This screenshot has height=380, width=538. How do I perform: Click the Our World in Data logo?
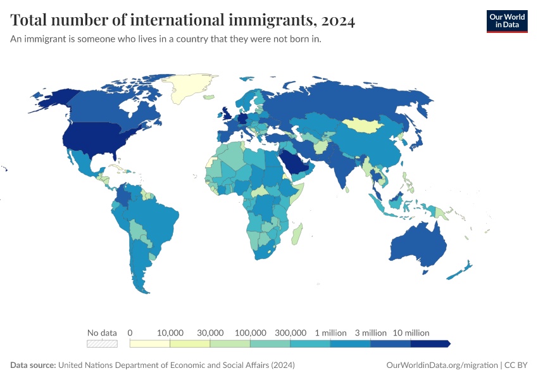pyautogui.click(x=506, y=21)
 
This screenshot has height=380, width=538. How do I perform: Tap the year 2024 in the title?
pyautogui.click(x=338, y=20)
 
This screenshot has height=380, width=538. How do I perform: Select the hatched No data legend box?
pyautogui.click(x=102, y=343)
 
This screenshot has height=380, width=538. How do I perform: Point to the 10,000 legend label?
pyautogui.click(x=170, y=332)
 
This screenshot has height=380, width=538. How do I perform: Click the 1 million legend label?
pyautogui.click(x=330, y=332)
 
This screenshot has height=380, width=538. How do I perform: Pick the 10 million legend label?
pyautogui.click(x=411, y=332)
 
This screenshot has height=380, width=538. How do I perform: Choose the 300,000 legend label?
pyautogui.click(x=291, y=332)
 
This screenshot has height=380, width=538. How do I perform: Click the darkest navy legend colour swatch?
pyautogui.click(x=430, y=343)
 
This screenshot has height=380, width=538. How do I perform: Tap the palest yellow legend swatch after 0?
pyautogui.click(x=149, y=343)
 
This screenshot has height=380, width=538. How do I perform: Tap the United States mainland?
pyautogui.click(x=97, y=139)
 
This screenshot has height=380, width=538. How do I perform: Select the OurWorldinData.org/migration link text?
pyautogui.click(x=442, y=365)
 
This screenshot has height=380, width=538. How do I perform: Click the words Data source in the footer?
pyautogui.click(x=33, y=365)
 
